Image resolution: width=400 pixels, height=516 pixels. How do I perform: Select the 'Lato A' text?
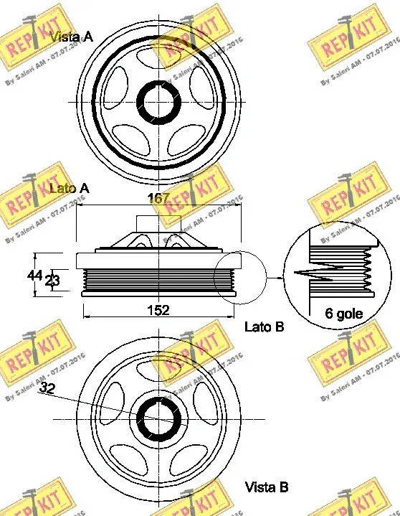pyautogui.click(x=68, y=188)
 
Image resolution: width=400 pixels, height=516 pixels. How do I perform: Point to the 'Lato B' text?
pyautogui.click(x=265, y=327)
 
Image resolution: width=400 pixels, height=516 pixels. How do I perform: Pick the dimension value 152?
pyautogui.click(x=158, y=309)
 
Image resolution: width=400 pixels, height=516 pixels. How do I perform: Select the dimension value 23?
pyautogui.click(x=52, y=281)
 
